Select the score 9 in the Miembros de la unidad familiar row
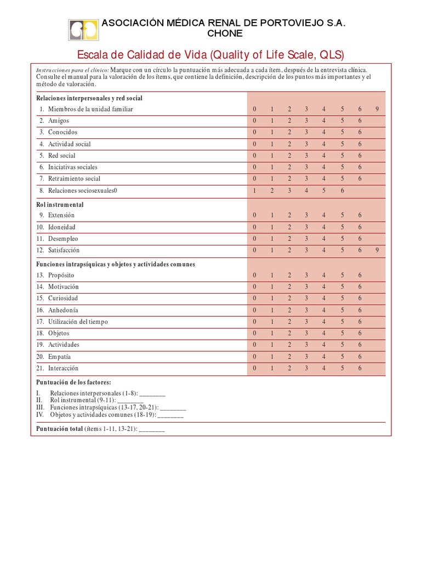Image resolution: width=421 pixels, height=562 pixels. pyautogui.click(x=377, y=109)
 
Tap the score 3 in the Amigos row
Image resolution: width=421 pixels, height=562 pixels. pyautogui.click(x=307, y=121)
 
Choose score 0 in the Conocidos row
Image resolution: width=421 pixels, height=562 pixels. pyautogui.click(x=254, y=132)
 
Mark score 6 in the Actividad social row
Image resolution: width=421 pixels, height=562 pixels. pyautogui.click(x=360, y=144)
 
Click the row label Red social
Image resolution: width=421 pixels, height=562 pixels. pyautogui.click(x=61, y=156)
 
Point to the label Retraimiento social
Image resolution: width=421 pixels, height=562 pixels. pyautogui.click(x=74, y=179)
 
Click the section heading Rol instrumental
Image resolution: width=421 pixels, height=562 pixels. pyautogui.click(x=60, y=205)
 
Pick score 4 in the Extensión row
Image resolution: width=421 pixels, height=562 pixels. pyautogui.click(x=325, y=216)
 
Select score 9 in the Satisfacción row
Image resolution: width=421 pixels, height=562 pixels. pyautogui.click(x=377, y=250)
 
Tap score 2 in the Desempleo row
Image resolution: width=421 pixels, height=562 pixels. pyautogui.click(x=289, y=239)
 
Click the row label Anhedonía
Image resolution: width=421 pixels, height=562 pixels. pyautogui.click(x=63, y=310)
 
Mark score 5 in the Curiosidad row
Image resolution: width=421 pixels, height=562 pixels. pyautogui.click(x=342, y=299)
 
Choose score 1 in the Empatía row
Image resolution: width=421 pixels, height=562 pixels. pyautogui.click(x=272, y=357)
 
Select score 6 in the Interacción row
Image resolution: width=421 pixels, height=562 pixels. pyautogui.click(x=360, y=368)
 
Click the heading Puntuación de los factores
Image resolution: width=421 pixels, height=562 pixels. pyautogui.click(x=73, y=382)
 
